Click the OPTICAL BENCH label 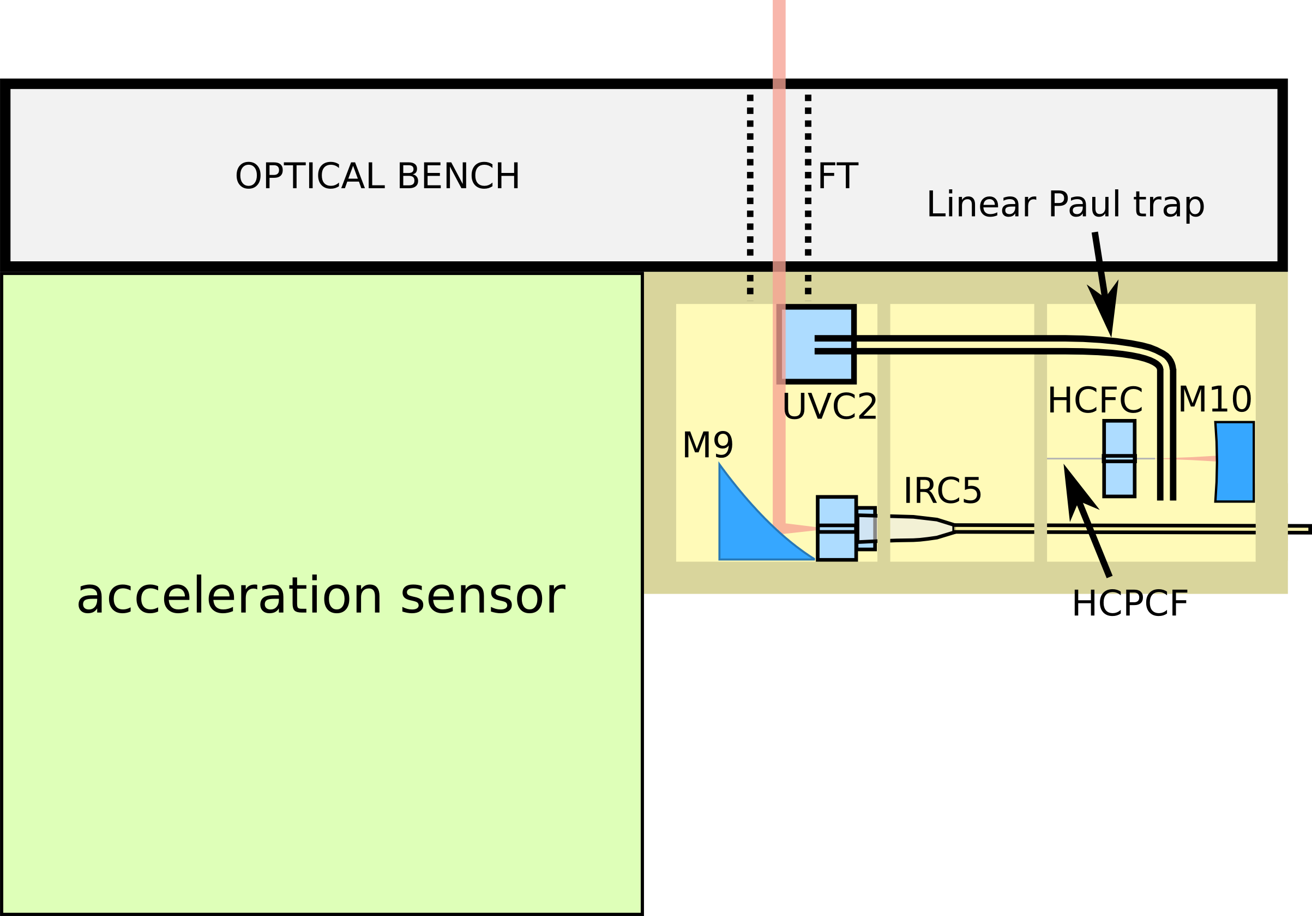(x=377, y=176)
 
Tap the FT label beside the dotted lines (x=837, y=176)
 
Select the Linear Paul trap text (x=1065, y=204)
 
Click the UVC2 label (x=829, y=407)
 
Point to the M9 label (x=707, y=445)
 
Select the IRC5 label (x=942, y=490)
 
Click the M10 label (x=1215, y=399)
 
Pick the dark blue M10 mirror (x=1235, y=462)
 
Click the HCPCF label (x=1130, y=604)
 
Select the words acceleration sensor (x=321, y=596)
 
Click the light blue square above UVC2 (x=818, y=344)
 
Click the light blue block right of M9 (x=836, y=528)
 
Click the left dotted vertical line (x=750, y=194)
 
